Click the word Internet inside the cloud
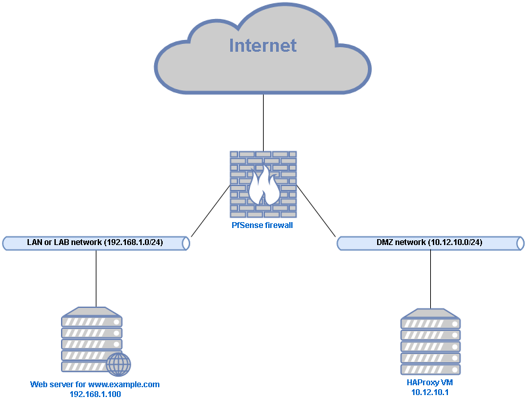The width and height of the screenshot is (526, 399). coord(262,45)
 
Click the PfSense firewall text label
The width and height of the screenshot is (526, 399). coord(262,225)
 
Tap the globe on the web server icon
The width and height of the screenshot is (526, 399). coord(118,364)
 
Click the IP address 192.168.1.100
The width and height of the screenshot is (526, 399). coord(95,394)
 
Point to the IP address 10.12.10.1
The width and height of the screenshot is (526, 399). coord(430,392)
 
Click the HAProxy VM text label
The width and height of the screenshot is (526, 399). coord(430,383)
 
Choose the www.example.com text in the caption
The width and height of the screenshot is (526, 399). coord(124,385)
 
